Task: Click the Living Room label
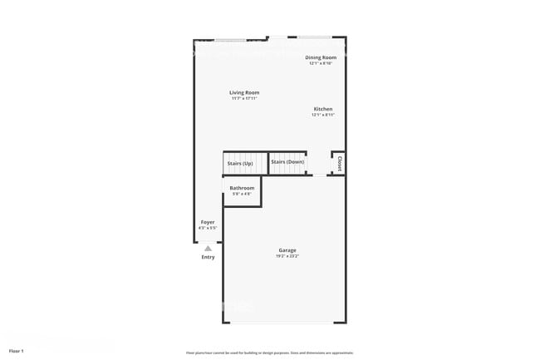click(x=244, y=92)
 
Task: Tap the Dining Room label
click(x=320, y=57)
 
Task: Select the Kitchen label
click(x=323, y=110)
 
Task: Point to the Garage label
click(x=287, y=250)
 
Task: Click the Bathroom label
click(x=242, y=188)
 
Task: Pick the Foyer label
click(x=208, y=222)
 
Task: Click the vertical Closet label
click(x=339, y=162)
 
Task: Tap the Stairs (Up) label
click(x=240, y=163)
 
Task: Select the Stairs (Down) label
click(x=287, y=162)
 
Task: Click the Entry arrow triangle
click(x=208, y=248)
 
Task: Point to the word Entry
click(x=208, y=257)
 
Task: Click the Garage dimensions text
click(x=287, y=256)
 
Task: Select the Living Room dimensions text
click(x=244, y=98)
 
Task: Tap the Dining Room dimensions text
click(x=320, y=63)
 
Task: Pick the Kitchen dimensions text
click(x=323, y=116)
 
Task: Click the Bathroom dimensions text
click(x=242, y=195)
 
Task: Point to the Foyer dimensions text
click(x=208, y=228)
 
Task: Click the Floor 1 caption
click(x=17, y=351)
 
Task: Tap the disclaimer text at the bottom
click(x=270, y=352)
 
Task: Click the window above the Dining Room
click(x=316, y=37)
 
